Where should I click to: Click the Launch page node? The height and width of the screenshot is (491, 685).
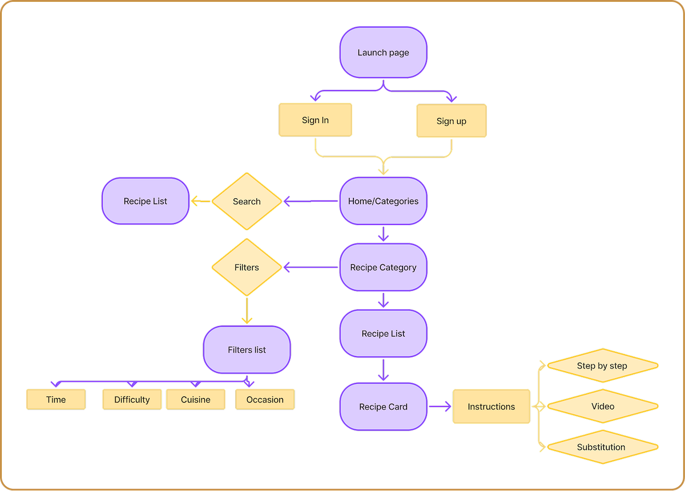coord(383,52)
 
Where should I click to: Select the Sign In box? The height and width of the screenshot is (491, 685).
coord(315,120)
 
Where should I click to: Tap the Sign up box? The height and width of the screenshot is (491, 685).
coord(451,121)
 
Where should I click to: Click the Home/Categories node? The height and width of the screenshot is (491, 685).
coord(383,201)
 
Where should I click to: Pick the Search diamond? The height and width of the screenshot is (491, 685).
coord(247,201)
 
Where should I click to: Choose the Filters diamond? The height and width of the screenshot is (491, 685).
coord(247,267)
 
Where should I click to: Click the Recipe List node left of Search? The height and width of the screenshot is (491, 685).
coord(146,201)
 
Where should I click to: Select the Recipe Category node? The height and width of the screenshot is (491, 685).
coord(383,267)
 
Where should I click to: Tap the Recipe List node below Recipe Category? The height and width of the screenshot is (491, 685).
coord(383,334)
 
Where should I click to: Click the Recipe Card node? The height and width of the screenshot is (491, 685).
coord(383,407)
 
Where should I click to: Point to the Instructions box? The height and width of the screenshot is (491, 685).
coord(491,407)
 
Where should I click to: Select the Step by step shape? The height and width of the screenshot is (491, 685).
coord(602,366)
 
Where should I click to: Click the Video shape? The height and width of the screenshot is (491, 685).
coord(602,407)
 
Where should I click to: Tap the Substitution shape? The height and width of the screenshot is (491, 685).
coord(602,447)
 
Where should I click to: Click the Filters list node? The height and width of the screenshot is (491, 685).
coord(247,350)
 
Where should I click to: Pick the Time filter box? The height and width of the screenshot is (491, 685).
coord(56,400)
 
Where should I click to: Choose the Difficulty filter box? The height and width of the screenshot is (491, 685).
coord(132,400)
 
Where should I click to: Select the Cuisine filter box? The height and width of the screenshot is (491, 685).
coord(196,400)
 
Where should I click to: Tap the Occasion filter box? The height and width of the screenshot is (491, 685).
coord(265,400)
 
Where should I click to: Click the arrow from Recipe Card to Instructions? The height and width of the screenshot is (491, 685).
coord(440,407)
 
